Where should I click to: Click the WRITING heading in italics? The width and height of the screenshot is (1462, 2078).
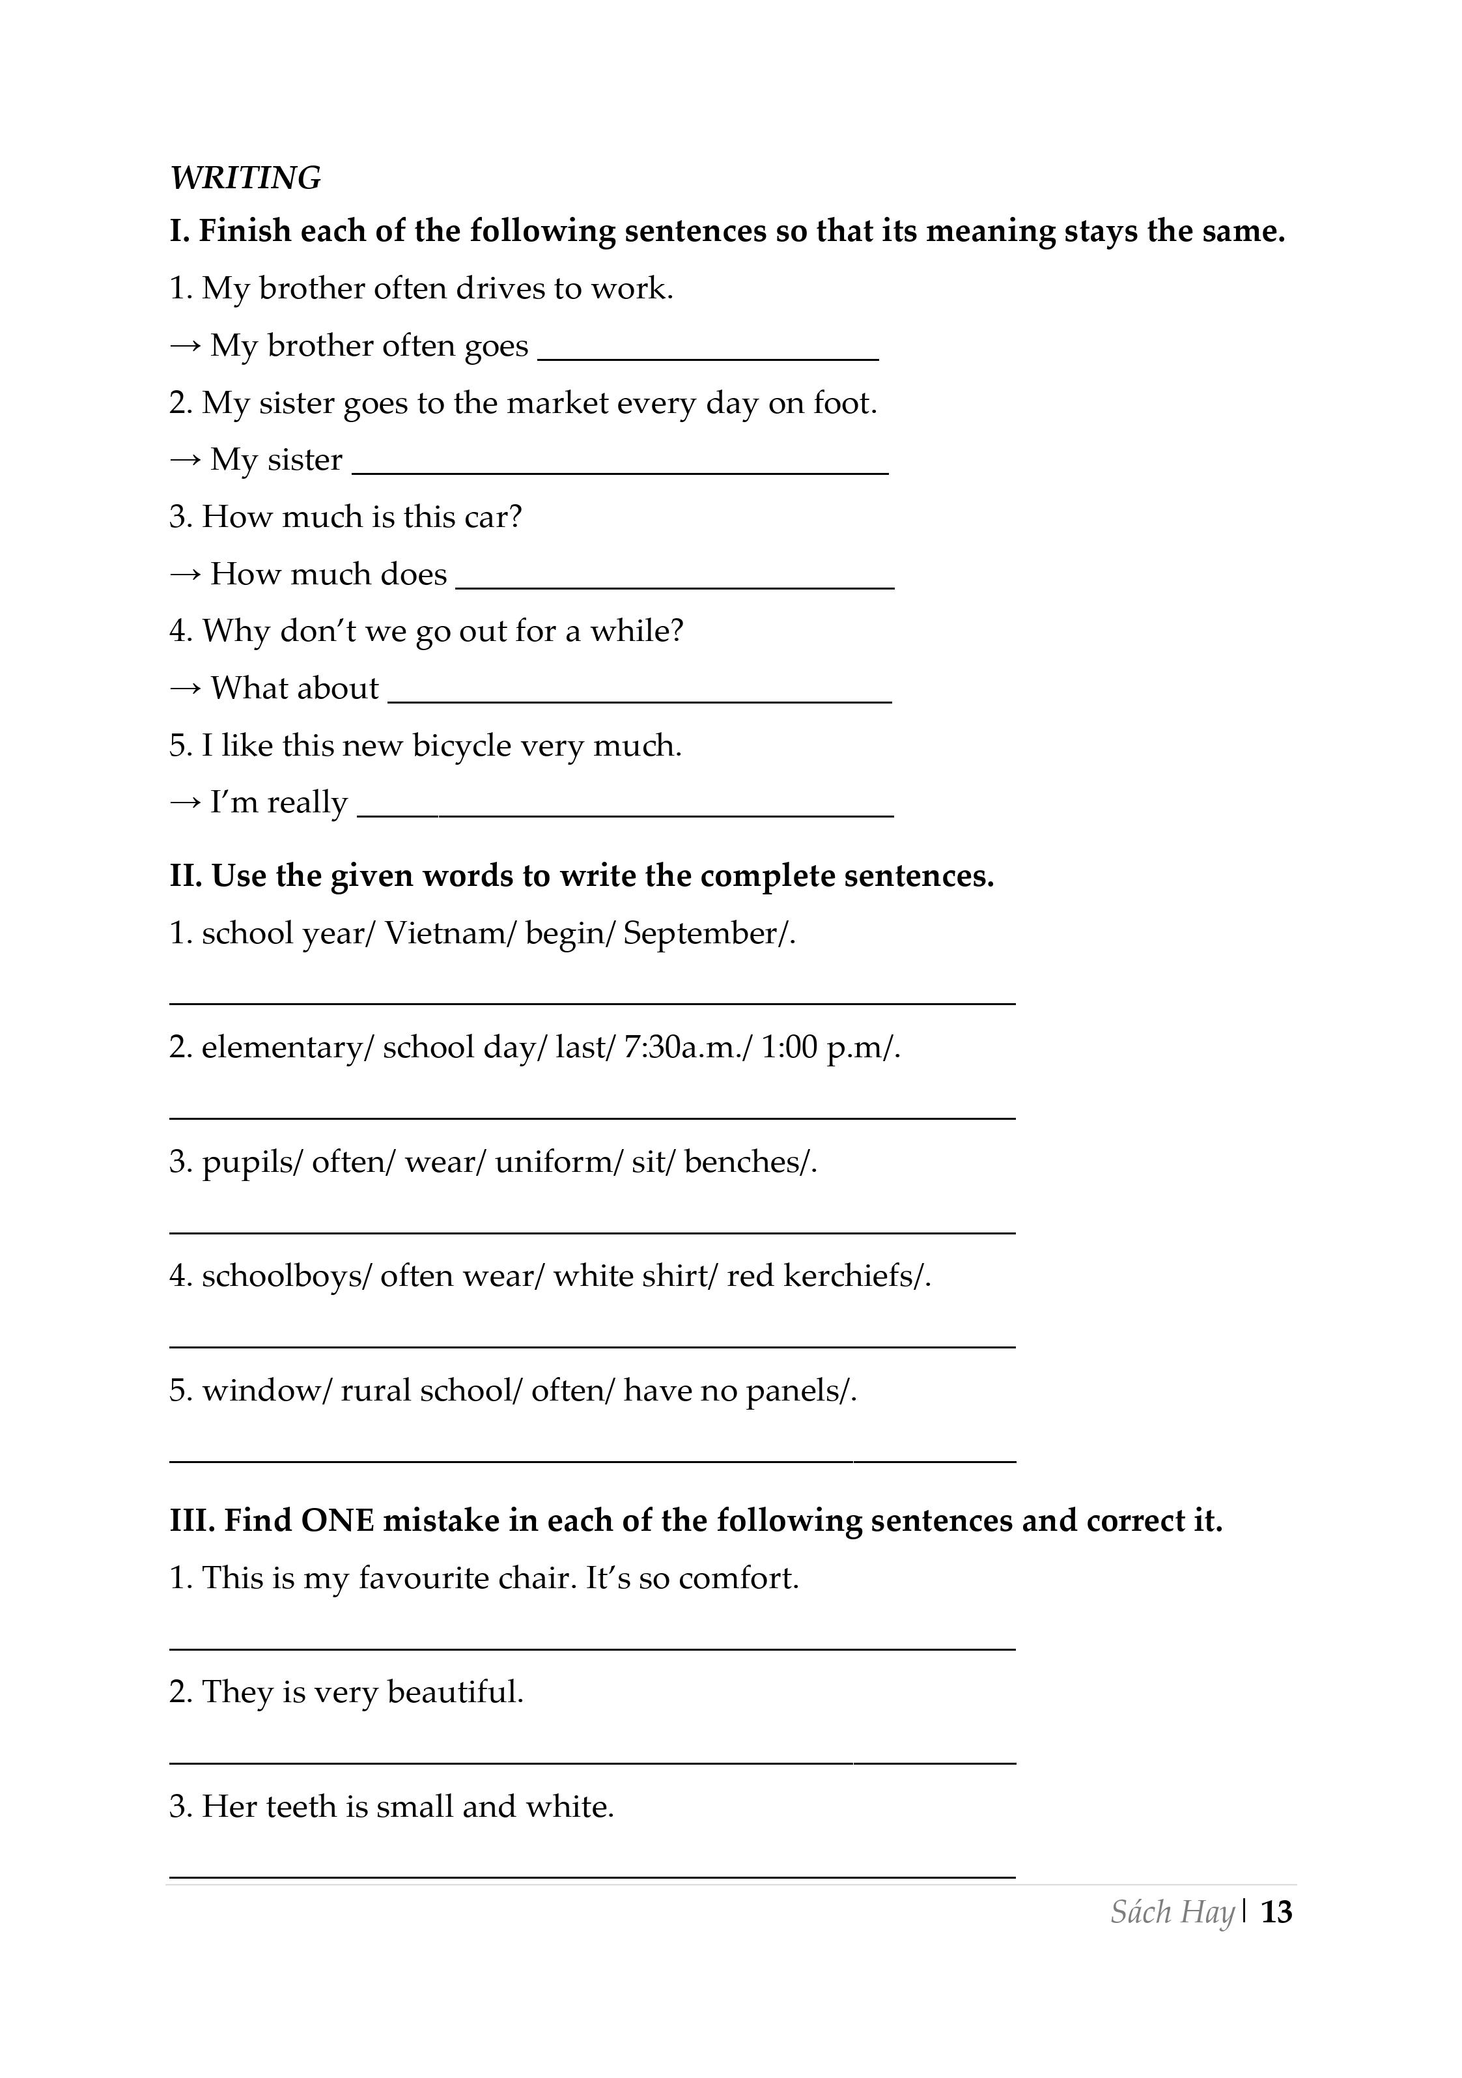[x=245, y=178]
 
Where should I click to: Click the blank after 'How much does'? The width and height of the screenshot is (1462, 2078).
[x=674, y=586]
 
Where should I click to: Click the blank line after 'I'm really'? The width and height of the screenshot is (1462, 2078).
[x=625, y=814]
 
